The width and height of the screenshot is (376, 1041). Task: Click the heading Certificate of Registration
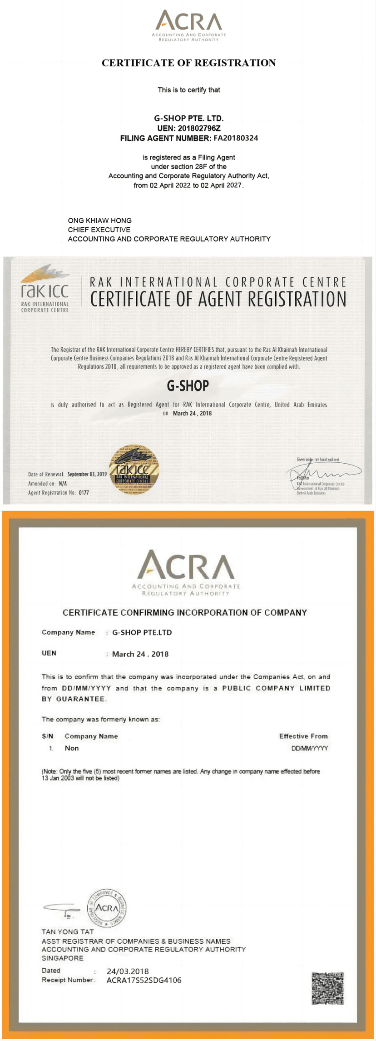coord(188,63)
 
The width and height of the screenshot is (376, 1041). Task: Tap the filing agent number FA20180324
coord(236,138)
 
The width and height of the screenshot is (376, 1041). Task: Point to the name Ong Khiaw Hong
coord(100,220)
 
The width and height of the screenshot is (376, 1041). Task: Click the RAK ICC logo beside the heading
coord(45,289)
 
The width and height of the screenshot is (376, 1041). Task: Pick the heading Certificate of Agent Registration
coord(218,299)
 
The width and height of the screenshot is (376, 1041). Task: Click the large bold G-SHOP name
coord(188,386)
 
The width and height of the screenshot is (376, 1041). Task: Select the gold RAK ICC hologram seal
coord(134,470)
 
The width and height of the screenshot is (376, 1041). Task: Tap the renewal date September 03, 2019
coord(87,474)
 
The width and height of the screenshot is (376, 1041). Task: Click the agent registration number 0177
coord(84,493)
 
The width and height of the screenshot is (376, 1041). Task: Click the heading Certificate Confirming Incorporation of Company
coord(185,612)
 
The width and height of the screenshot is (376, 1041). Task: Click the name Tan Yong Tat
coord(68,931)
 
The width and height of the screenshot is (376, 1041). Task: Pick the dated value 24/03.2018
coord(128,971)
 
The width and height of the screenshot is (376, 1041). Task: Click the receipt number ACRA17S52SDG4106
coord(143,981)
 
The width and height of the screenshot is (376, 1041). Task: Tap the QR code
coord(327,988)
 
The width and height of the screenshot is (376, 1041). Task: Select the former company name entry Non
coord(72,748)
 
